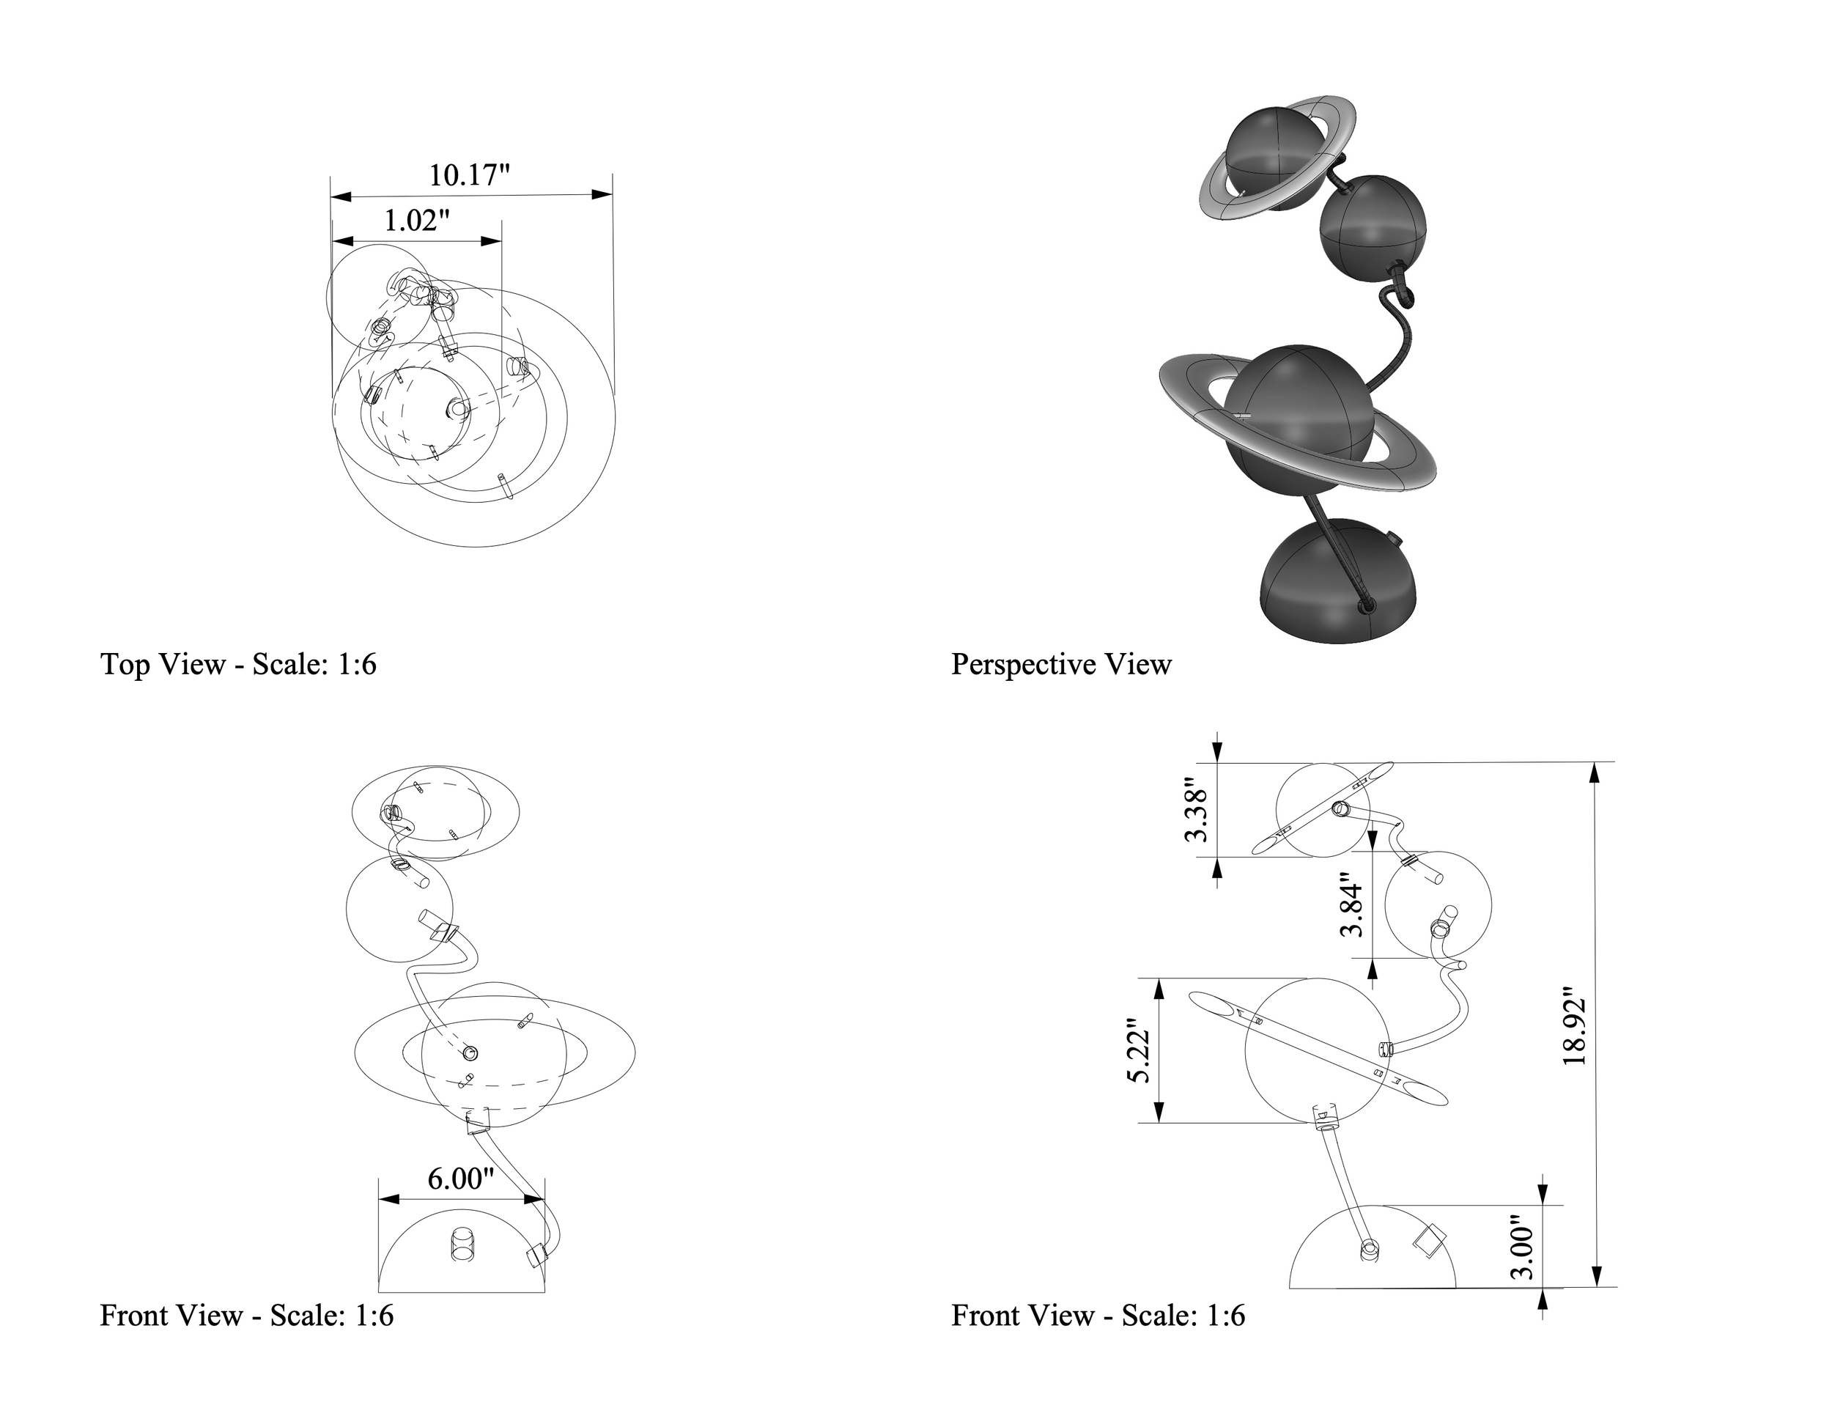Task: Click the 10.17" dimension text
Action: click(469, 175)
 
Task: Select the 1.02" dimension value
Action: click(416, 221)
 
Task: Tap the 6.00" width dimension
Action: click(460, 1179)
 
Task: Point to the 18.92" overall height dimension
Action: click(1575, 1031)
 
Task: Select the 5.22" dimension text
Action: click(1138, 1051)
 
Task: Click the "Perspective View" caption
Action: click(1061, 664)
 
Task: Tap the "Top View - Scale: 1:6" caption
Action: click(238, 664)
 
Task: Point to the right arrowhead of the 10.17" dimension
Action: click(602, 195)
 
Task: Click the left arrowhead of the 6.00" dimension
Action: click(388, 1201)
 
